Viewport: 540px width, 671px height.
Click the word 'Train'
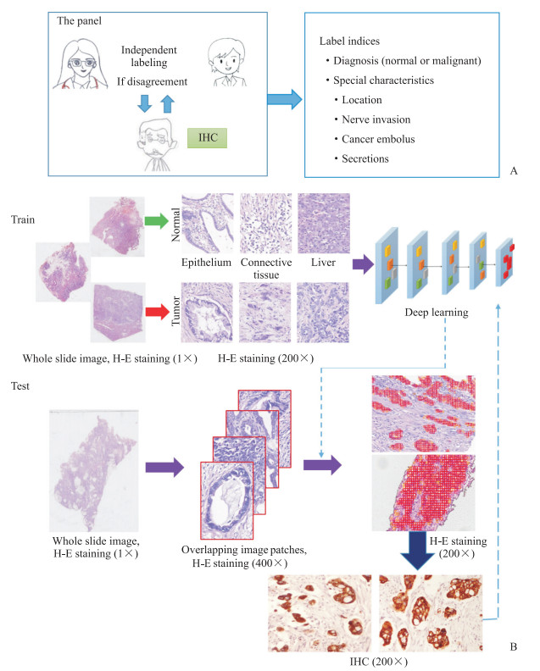click(x=25, y=219)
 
